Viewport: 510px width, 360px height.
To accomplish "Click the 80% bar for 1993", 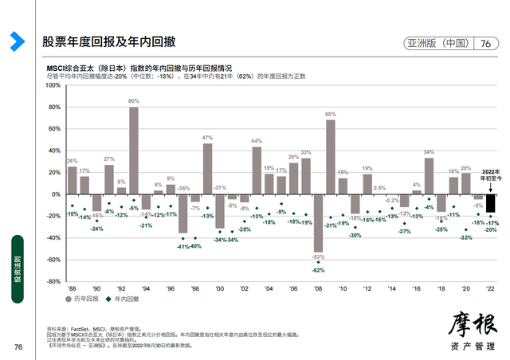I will pyautogui.click(x=134, y=151).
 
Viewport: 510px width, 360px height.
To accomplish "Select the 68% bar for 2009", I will pyautogui.click(x=331, y=157).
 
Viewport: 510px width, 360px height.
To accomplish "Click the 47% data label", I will pyautogui.click(x=207, y=139).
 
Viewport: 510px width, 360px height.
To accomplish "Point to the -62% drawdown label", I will pyautogui.click(x=318, y=271).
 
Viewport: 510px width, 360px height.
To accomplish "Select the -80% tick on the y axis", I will pyautogui.click(x=55, y=280).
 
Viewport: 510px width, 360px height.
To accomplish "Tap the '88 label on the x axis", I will pyautogui.click(x=72, y=288).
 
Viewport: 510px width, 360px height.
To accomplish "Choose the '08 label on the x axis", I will pyautogui.click(x=318, y=288).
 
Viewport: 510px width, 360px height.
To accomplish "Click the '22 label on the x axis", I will pyautogui.click(x=490, y=288).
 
